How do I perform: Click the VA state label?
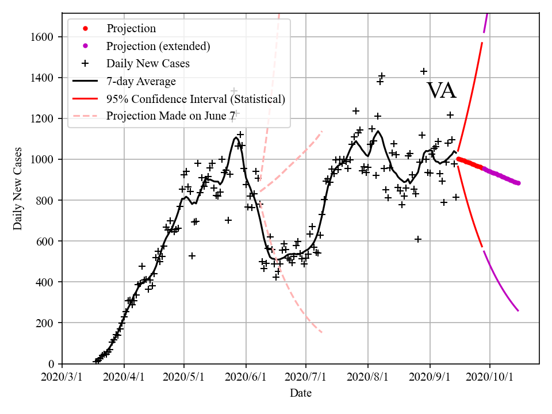click(x=441, y=91)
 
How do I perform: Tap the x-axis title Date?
click(x=301, y=393)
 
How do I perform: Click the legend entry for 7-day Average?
click(x=141, y=81)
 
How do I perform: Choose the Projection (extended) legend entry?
click(x=158, y=45)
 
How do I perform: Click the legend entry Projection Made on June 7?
click(x=171, y=116)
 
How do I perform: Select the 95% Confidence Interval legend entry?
click(x=195, y=99)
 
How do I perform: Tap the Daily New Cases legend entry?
click(x=148, y=63)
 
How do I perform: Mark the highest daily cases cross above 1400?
click(x=424, y=71)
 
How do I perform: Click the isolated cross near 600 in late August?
click(x=418, y=239)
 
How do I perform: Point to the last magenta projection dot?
click(x=518, y=183)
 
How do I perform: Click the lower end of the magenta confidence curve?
click(x=518, y=310)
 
